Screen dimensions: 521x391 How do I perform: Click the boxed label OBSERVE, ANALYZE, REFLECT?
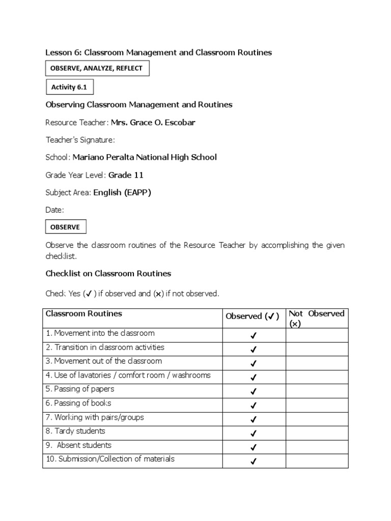[97, 68]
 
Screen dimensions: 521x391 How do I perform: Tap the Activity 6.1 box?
[69, 87]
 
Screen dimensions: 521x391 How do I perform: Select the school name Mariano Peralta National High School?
[145, 157]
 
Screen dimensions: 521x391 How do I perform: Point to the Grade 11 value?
[126, 175]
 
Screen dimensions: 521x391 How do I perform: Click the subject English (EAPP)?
[122, 192]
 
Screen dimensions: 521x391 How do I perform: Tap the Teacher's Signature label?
[80, 140]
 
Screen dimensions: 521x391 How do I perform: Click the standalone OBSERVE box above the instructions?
[66, 227]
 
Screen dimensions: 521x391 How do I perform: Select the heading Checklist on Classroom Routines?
[108, 273]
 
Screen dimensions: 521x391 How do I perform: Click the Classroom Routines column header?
[84, 314]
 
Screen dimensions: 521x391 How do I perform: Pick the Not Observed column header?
[316, 319]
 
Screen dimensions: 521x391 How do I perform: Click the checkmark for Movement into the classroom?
[254, 336]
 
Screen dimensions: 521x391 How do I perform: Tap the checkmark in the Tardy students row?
[254, 433]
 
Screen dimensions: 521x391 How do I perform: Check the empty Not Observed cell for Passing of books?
[316, 405]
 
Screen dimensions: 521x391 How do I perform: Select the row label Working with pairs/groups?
[95, 417]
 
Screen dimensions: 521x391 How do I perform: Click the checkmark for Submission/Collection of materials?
[254, 461]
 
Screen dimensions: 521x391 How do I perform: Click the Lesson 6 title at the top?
[159, 52]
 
